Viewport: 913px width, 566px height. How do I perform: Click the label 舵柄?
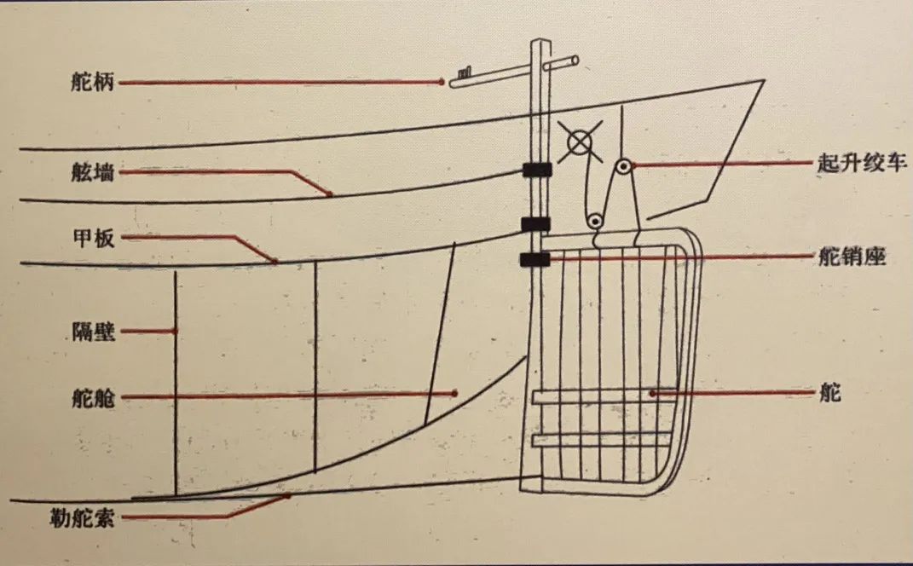93,82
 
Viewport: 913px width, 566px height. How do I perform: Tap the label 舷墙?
93,172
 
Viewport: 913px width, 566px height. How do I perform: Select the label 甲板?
94,238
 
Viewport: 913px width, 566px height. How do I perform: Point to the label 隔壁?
94,331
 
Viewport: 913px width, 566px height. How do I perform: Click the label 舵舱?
94,398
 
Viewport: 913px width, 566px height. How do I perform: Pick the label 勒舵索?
82,518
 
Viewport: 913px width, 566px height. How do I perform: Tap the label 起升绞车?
862,163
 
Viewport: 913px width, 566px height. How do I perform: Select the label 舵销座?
852,257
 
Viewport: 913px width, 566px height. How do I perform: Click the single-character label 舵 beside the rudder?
829,393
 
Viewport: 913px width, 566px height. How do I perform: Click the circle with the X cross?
580,142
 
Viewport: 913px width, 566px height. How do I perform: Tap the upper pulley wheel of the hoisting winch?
623,167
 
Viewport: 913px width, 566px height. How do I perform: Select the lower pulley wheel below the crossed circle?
594,222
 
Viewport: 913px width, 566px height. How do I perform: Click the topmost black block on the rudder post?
537,170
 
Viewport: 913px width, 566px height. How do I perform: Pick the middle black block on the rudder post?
535,224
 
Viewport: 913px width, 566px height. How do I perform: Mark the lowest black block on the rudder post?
535,260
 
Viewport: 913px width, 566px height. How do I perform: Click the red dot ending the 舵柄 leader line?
442,82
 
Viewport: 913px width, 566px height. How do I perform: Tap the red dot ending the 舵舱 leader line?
454,394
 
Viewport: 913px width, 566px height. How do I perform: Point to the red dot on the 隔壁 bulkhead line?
175,331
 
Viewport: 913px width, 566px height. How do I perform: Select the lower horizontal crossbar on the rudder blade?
601,440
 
